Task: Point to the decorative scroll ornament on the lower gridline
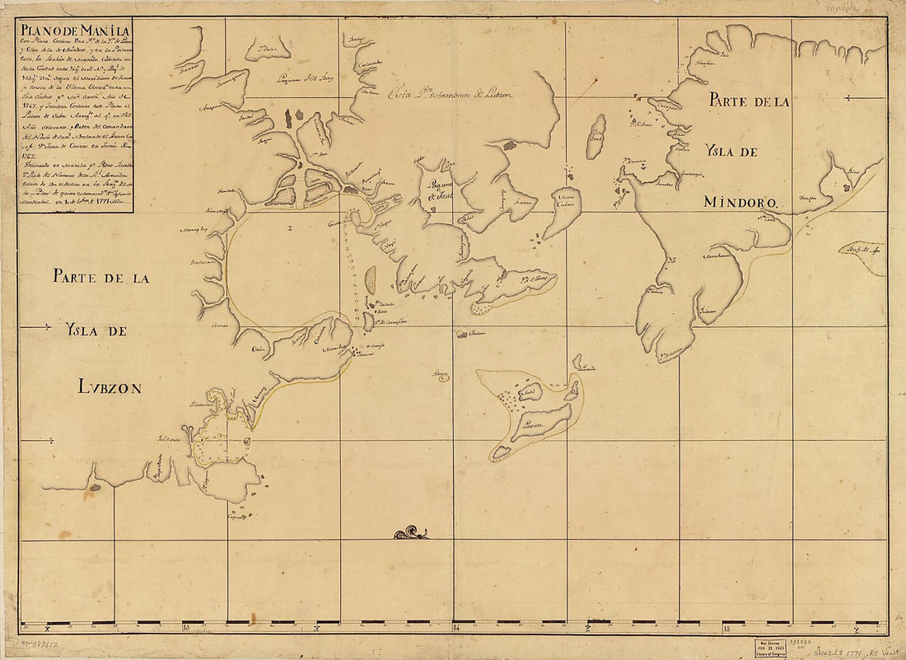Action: [411, 534]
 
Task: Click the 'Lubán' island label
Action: [525, 425]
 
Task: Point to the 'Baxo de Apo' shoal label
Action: [859, 246]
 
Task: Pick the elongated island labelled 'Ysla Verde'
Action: [595, 136]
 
